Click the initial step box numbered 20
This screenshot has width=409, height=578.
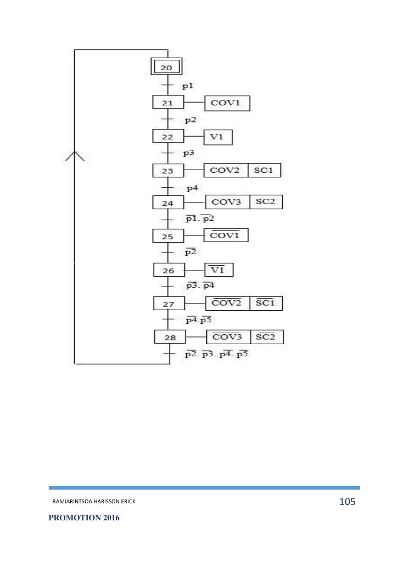point(167,68)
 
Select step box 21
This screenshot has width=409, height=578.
point(168,103)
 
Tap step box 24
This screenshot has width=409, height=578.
point(168,203)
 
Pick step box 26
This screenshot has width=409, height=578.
point(169,270)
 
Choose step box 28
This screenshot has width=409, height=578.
point(170,337)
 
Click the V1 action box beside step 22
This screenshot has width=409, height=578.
point(218,137)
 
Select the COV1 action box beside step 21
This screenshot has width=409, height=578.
point(227,103)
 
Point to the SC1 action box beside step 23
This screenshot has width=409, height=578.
point(264,170)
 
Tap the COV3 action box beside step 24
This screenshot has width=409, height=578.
point(227,203)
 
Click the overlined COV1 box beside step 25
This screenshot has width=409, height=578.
point(226,236)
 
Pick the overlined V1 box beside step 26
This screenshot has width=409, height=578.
point(219,270)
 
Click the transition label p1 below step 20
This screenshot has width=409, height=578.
point(187,86)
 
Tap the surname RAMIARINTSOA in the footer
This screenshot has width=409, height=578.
point(71,502)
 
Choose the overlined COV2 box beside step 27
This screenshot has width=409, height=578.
point(227,303)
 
